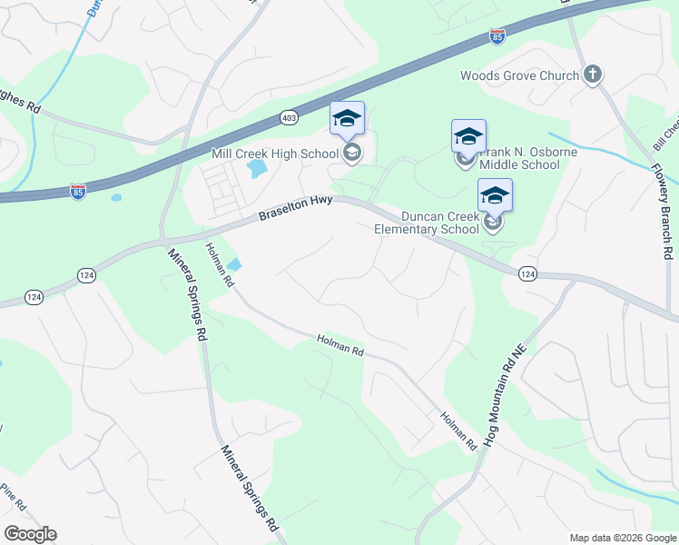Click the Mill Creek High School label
pyautogui.click(x=274, y=154)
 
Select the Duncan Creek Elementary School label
pyautogui.click(x=427, y=223)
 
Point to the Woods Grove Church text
pyautogui.click(x=519, y=75)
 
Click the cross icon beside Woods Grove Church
pyautogui.click(x=593, y=74)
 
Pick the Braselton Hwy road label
pyautogui.click(x=296, y=209)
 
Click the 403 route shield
pyautogui.click(x=289, y=117)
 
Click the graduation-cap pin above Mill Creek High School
pyautogui.click(x=347, y=119)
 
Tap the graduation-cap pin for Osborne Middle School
pyautogui.click(x=468, y=137)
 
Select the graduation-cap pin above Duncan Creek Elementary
pyautogui.click(x=495, y=195)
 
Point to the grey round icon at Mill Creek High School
pyautogui.click(x=352, y=153)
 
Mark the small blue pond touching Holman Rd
pyautogui.click(x=235, y=265)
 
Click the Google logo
pyautogui.click(x=30, y=534)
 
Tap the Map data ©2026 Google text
pyautogui.click(x=621, y=538)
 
